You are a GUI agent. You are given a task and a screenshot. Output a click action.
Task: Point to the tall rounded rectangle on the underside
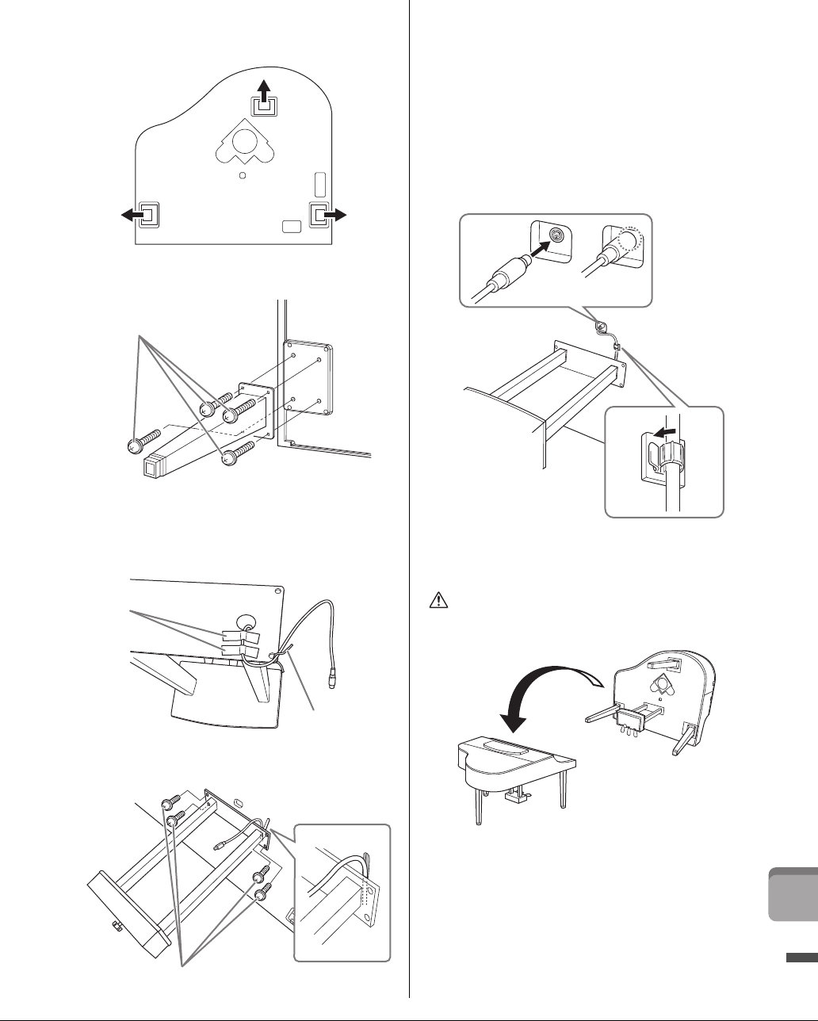pos(319,184)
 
